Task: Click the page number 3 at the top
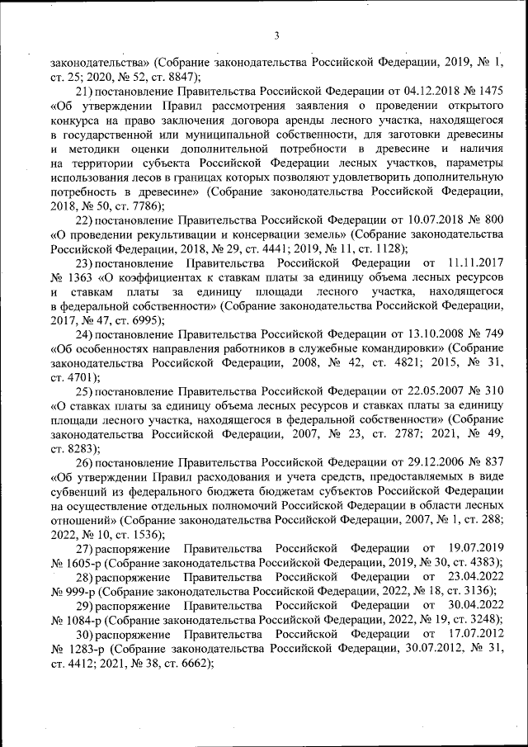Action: coord(277,35)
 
